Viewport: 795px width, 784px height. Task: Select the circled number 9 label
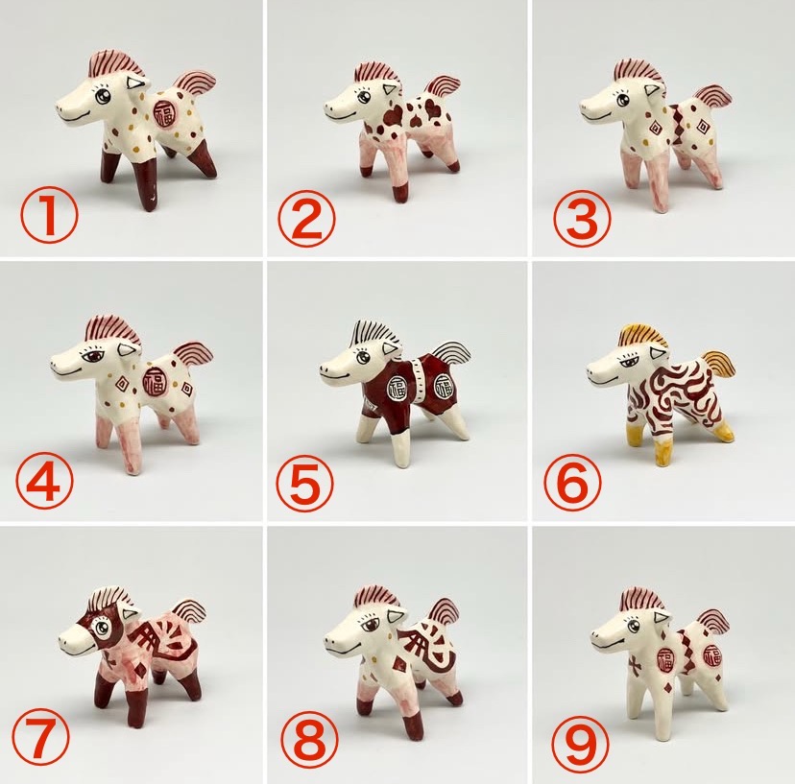(x=581, y=743)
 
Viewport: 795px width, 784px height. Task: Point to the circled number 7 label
(x=40, y=737)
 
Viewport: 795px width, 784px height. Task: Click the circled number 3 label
(x=582, y=219)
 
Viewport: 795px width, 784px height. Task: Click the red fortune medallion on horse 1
(x=164, y=113)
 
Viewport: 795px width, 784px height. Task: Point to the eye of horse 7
(x=103, y=629)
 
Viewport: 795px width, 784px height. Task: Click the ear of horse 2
(x=388, y=91)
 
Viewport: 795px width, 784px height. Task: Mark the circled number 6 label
(x=572, y=482)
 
